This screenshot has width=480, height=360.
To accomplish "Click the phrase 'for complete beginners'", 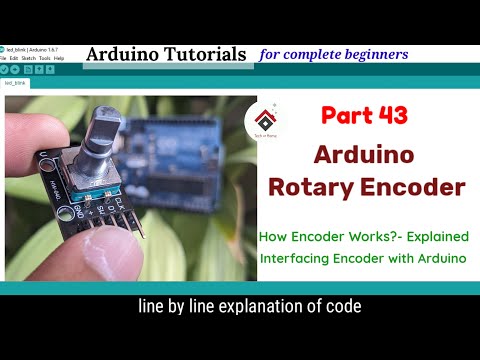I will pyautogui.click(x=333, y=53).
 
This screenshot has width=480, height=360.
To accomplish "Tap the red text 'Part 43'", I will pyautogui.click(x=364, y=116).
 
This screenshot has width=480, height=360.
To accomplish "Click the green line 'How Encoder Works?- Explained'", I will pyautogui.click(x=362, y=237).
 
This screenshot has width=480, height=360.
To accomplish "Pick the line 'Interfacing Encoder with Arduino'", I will pyautogui.click(x=362, y=259).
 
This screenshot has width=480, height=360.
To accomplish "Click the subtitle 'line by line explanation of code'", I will pyautogui.click(x=249, y=307).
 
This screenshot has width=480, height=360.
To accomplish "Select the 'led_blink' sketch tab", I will pyautogui.click(x=16, y=83).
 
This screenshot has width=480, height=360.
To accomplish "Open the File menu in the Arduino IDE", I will pyautogui.click(x=4, y=58).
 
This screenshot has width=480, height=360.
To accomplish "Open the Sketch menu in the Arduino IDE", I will pyautogui.click(x=28, y=58).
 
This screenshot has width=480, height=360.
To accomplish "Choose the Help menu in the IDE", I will pyautogui.click(x=59, y=58).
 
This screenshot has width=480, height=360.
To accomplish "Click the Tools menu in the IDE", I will pyautogui.click(x=45, y=58).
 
